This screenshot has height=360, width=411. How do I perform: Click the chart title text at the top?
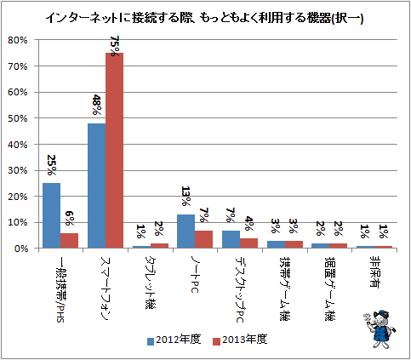pyautogui.click(x=204, y=19)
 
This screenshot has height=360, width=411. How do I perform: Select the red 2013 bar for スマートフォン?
pyautogui.click(x=115, y=151)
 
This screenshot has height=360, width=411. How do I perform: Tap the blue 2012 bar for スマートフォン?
pyautogui.click(x=97, y=186)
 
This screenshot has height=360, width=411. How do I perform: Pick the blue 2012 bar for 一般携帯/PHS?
pyautogui.click(x=51, y=215)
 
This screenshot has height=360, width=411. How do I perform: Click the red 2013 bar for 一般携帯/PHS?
pyautogui.click(x=69, y=241)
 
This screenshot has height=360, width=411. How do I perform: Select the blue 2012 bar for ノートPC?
pyautogui.click(x=186, y=231)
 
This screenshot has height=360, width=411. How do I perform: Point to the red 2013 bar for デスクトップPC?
pyautogui.click(x=248, y=243)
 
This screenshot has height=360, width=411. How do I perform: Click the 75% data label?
pyautogui.click(x=114, y=45)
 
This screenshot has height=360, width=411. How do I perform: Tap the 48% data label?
pyautogui.click(x=96, y=105)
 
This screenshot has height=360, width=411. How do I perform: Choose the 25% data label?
pyautogui.click(x=51, y=165)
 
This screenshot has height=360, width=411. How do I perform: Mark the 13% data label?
pyautogui.click(x=186, y=196)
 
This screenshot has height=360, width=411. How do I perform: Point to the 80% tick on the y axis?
pyautogui.click(x=18, y=40)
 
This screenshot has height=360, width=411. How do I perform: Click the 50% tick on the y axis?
pyautogui.click(x=18, y=118)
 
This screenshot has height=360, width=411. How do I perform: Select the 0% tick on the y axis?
pyautogui.click(x=20, y=249)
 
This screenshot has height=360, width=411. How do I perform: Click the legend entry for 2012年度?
pyautogui.click(x=174, y=340)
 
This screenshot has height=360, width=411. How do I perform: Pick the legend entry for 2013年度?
pyautogui.click(x=240, y=340)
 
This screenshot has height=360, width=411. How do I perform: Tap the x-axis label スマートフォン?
pyautogui.click(x=106, y=289)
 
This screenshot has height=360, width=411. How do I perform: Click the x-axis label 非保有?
pyautogui.click(x=375, y=271)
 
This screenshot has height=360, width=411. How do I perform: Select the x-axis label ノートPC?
pyautogui.click(x=195, y=275)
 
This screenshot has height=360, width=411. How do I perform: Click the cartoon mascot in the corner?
pyautogui.click(x=379, y=329)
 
